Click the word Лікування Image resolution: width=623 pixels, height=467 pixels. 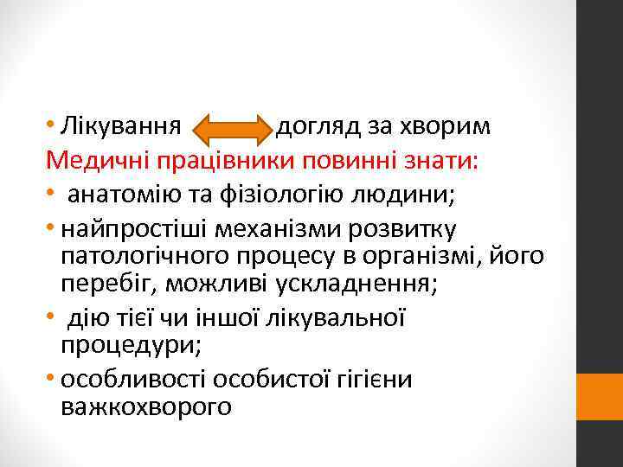[x=122, y=130]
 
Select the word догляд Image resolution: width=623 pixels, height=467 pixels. [x=313, y=130]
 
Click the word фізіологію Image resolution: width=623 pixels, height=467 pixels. [x=278, y=194]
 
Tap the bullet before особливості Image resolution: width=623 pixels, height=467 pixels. [x=54, y=379]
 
